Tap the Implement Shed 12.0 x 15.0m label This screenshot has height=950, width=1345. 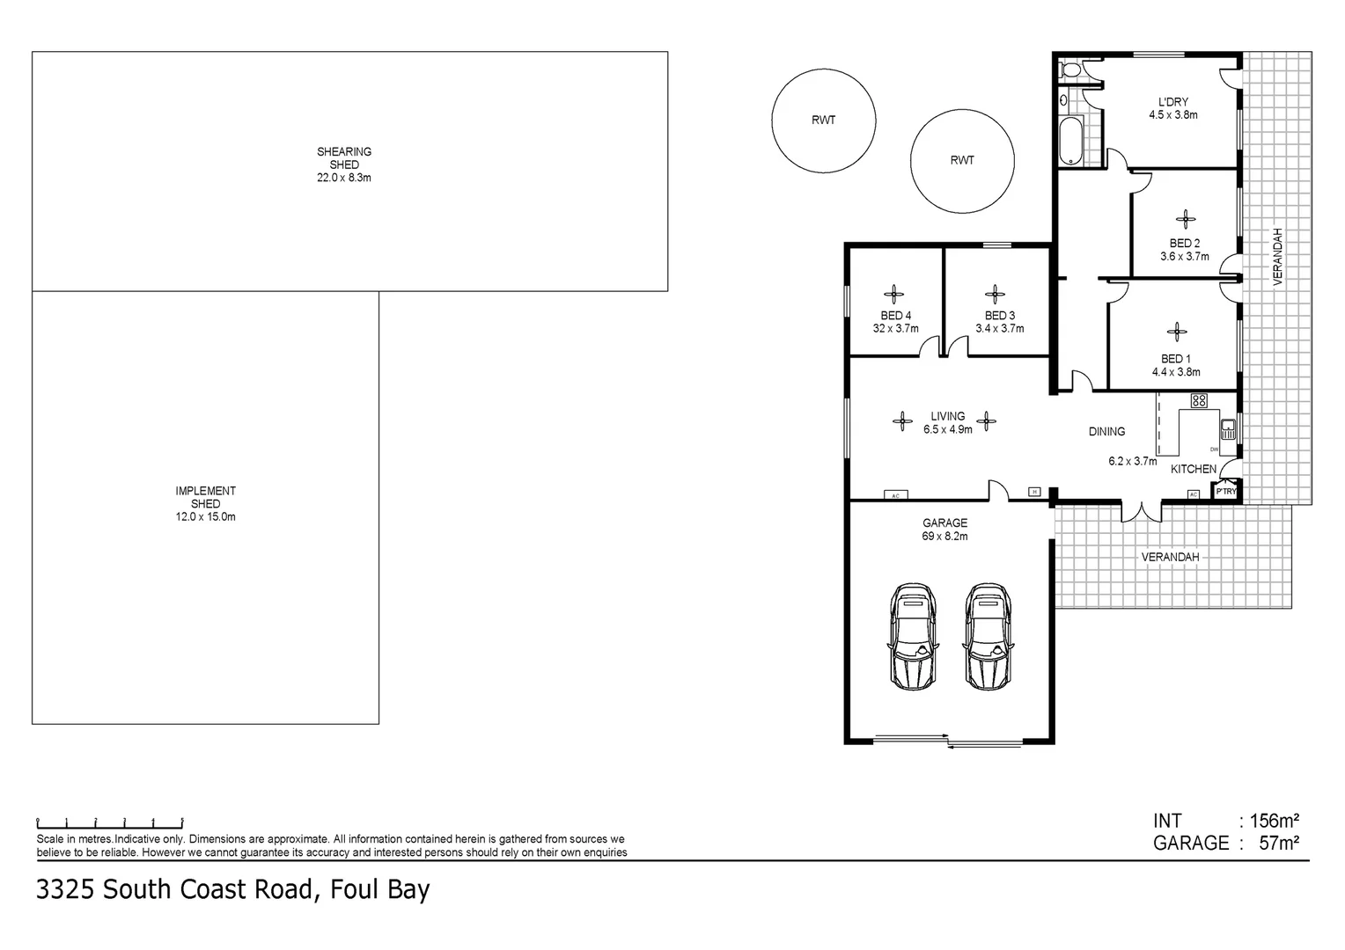point(205,504)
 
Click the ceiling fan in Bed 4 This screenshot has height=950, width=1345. point(894,295)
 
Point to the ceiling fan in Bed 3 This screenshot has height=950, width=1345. point(996,295)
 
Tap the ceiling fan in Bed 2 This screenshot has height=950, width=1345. point(1186,220)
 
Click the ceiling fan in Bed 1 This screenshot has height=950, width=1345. point(1176,332)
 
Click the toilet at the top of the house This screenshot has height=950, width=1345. point(1072,71)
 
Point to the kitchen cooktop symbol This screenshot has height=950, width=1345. point(1198,401)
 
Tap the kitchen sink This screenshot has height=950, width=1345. point(1228,429)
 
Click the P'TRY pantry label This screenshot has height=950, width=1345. point(1226,492)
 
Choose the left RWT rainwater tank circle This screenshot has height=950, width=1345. point(823,121)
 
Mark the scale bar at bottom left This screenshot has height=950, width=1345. point(109,822)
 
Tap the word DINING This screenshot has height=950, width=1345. point(1106,432)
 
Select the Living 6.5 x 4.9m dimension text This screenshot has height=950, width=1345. point(948,430)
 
